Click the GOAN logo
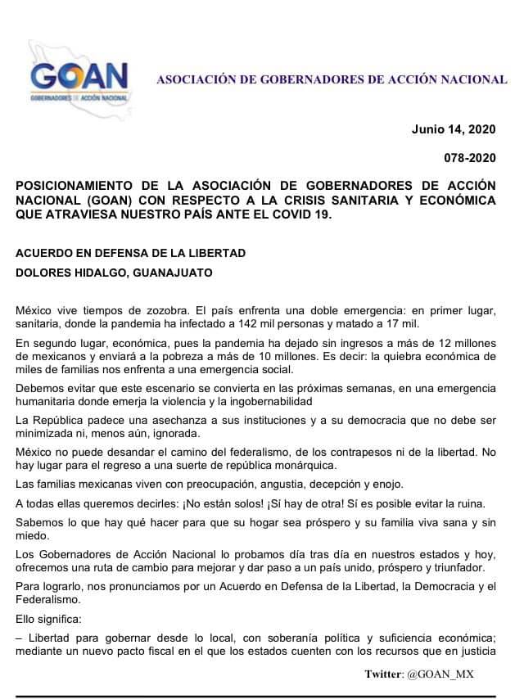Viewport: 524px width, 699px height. click(79, 79)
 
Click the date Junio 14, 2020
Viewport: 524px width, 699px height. click(453, 129)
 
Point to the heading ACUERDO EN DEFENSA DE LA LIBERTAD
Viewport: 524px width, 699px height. click(130, 253)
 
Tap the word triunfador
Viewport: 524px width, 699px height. click(465, 567)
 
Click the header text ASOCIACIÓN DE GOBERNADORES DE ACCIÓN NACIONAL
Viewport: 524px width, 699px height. click(332, 80)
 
